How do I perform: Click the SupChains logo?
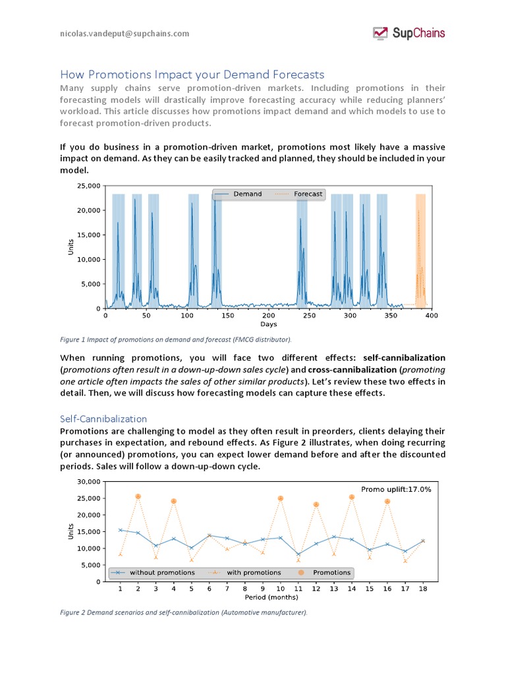click(x=408, y=33)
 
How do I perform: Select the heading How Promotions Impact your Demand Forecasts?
click(x=192, y=74)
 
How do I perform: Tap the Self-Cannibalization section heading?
click(x=103, y=419)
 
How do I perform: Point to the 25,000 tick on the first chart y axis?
click(x=88, y=186)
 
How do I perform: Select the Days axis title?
click(x=268, y=324)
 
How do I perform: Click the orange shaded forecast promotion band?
click(x=420, y=250)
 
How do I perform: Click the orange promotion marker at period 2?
click(x=138, y=496)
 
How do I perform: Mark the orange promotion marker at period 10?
click(x=281, y=498)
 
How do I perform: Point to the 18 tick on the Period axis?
click(x=422, y=589)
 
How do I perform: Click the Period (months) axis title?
click(x=271, y=598)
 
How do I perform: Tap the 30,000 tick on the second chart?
click(x=88, y=482)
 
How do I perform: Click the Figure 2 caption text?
click(x=184, y=612)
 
